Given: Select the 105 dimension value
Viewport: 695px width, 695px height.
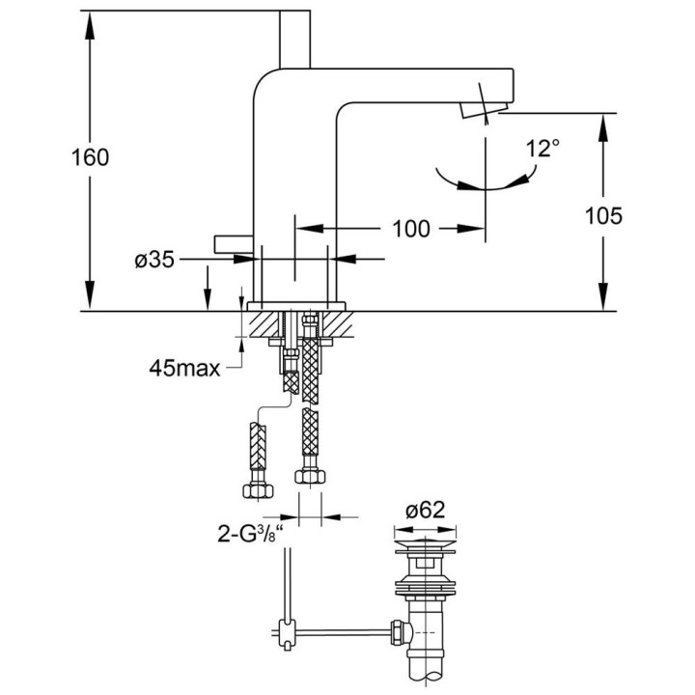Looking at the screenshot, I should (x=603, y=215).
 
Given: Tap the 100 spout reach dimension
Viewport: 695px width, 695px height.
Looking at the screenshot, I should (x=411, y=230).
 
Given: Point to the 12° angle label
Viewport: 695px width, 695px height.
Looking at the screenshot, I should (x=543, y=149).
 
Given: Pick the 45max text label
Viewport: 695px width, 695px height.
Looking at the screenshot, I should (x=183, y=367).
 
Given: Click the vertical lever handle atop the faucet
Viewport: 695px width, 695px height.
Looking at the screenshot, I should (x=293, y=38).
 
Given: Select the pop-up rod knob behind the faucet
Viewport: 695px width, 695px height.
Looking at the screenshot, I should (x=231, y=241).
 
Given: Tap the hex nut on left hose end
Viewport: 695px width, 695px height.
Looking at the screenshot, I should (x=257, y=488).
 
